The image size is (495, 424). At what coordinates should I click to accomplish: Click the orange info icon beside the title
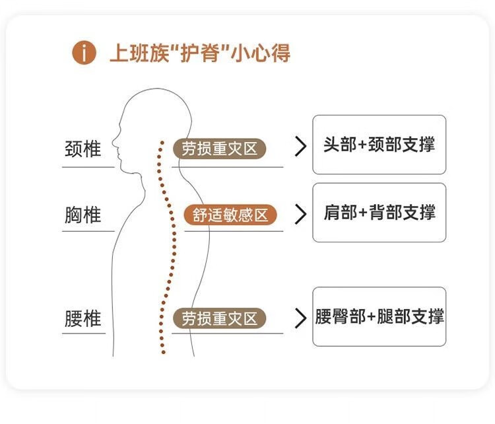coord(84,53)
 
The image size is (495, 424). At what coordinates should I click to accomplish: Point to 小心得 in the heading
coord(261,53)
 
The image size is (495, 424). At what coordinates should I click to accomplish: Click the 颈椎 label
coord(83,149)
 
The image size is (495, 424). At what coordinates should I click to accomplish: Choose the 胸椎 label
coord(83,215)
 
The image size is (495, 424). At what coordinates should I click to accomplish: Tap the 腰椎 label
coord(83,318)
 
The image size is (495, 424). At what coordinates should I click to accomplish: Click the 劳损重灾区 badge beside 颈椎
coord(219,149)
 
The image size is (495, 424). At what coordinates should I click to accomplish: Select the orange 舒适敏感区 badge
coord(230,215)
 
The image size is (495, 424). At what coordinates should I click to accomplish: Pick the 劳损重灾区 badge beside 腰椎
coord(219,318)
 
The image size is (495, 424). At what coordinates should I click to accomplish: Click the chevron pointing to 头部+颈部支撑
coord(301,147)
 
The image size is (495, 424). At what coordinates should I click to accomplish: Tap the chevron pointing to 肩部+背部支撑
coord(301,214)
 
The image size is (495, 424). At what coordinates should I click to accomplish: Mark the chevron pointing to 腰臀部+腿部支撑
coord(301,318)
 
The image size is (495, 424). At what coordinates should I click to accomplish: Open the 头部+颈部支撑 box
coord(379,145)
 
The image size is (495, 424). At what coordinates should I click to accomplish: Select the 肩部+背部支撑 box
coord(379,213)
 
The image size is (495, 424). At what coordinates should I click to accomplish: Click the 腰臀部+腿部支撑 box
coord(379,316)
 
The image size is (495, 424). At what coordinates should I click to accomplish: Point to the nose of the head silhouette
coord(114,141)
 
